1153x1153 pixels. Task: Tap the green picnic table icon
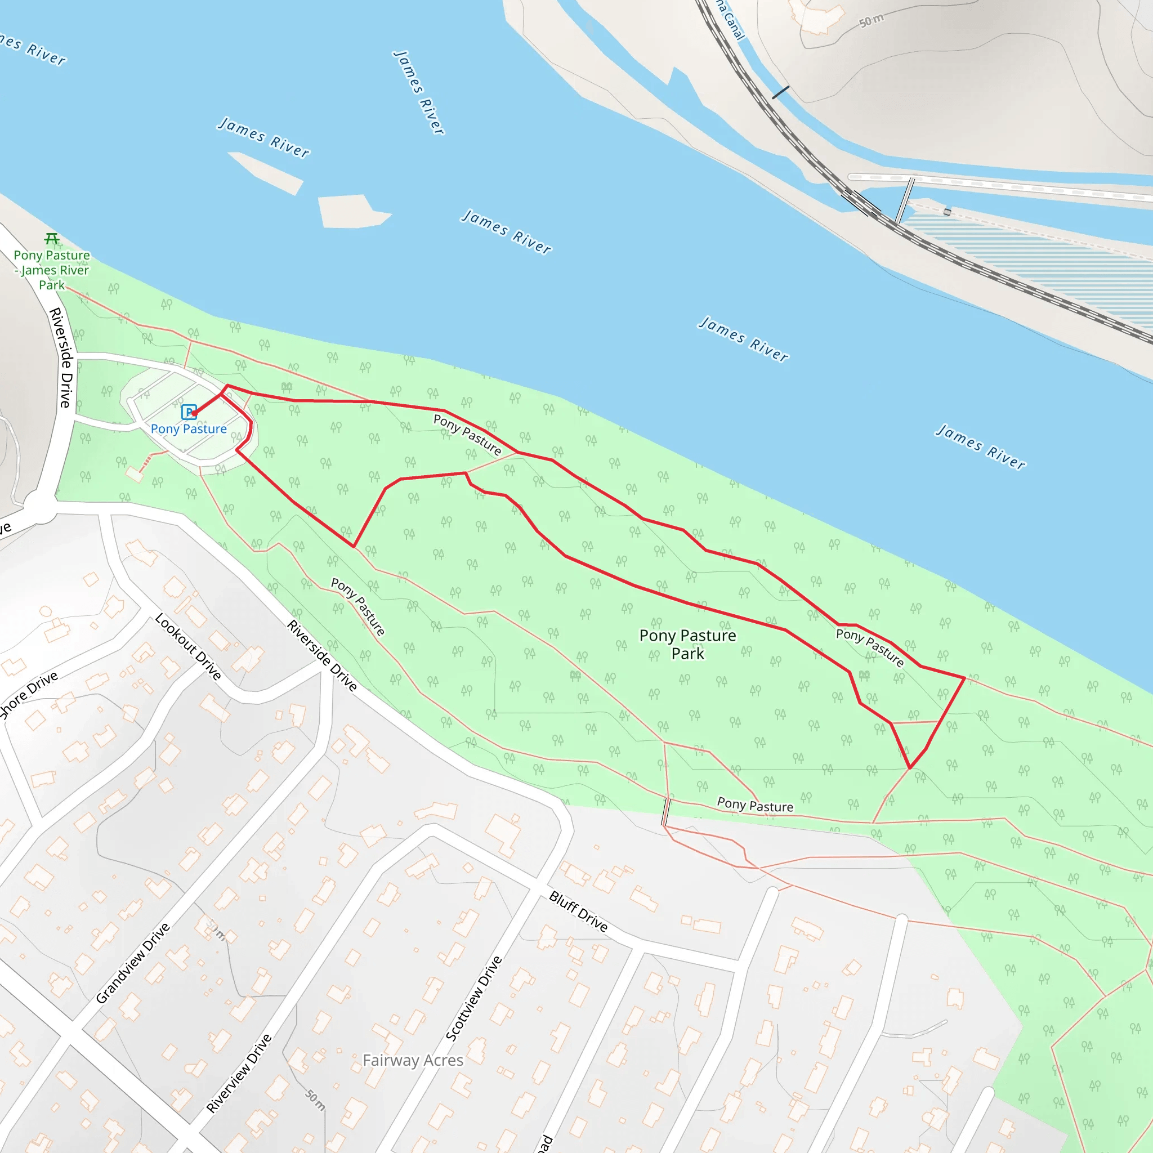[52, 239]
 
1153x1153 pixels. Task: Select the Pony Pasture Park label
[687, 645]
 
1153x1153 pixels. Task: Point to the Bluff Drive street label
[578, 911]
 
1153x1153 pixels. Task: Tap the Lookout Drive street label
[188, 646]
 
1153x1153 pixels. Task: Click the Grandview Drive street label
[133, 963]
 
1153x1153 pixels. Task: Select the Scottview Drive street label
[475, 998]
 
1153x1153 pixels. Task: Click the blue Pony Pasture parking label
[189, 429]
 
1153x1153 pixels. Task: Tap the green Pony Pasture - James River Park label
[52, 270]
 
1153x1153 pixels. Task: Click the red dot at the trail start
[195, 413]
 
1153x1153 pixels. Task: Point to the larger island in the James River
[352, 211]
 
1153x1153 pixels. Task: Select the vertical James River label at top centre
[419, 92]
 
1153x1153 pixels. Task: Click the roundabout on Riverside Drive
[39, 507]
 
